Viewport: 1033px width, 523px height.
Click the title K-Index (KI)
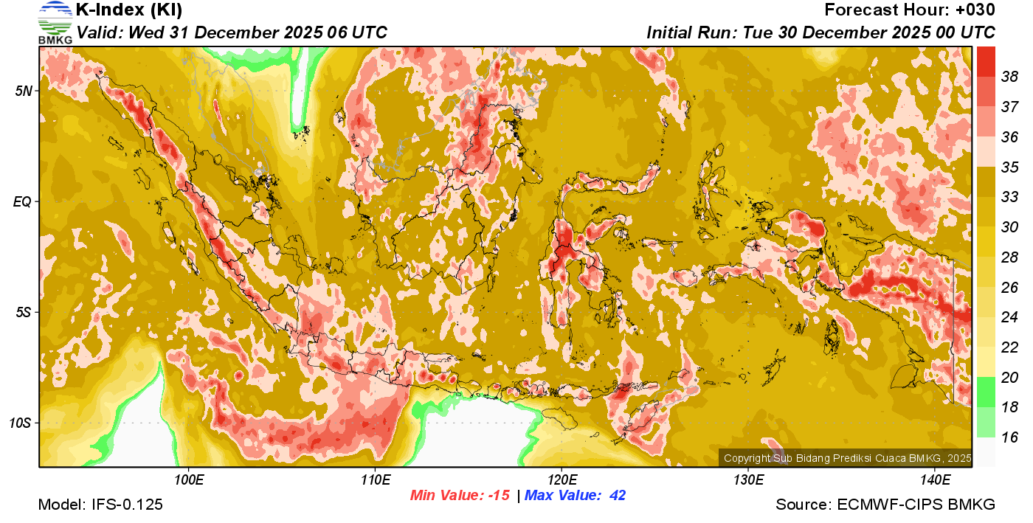coord(129,10)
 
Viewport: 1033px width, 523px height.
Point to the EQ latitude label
coord(24,201)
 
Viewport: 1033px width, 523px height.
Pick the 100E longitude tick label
coord(189,480)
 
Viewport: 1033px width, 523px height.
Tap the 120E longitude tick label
coord(562,480)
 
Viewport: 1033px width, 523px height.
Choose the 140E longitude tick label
coord(935,480)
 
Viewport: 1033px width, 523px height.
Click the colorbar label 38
coord(1009,76)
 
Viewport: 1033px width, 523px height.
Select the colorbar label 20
coord(1009,377)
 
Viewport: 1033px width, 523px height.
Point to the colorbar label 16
coord(1009,437)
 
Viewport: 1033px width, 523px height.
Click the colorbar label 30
coord(1009,226)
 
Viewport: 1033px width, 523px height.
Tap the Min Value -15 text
coord(460,496)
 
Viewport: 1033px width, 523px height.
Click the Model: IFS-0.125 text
coord(100,505)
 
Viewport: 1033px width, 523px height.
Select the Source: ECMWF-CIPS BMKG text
coord(885,505)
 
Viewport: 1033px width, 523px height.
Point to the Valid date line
coord(232,32)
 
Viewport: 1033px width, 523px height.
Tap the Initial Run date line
coord(820,32)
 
